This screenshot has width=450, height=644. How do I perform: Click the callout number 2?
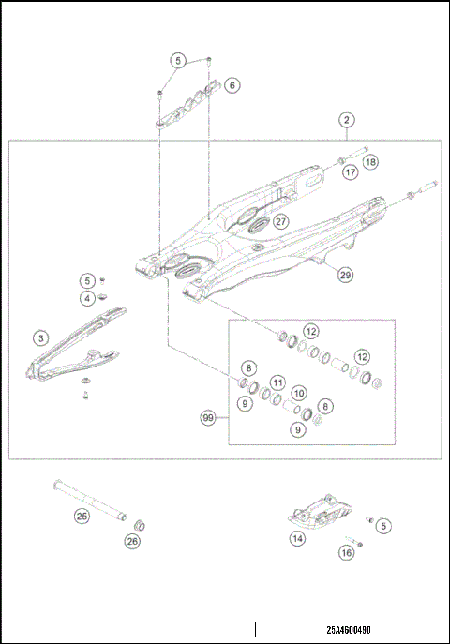347,120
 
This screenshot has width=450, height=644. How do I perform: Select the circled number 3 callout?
40,337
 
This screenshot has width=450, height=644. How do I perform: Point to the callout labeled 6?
232,84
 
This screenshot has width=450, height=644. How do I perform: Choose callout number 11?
277,382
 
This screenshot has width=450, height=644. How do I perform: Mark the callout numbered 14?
297,538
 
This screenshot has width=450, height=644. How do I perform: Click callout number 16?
346,553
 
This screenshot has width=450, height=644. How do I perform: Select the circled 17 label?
350,172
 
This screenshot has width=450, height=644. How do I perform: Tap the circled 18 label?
371,162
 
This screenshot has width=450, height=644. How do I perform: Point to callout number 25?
82,515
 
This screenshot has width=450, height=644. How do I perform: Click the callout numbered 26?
132,540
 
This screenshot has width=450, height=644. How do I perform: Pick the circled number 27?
281,221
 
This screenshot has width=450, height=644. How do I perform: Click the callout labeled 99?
208,416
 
